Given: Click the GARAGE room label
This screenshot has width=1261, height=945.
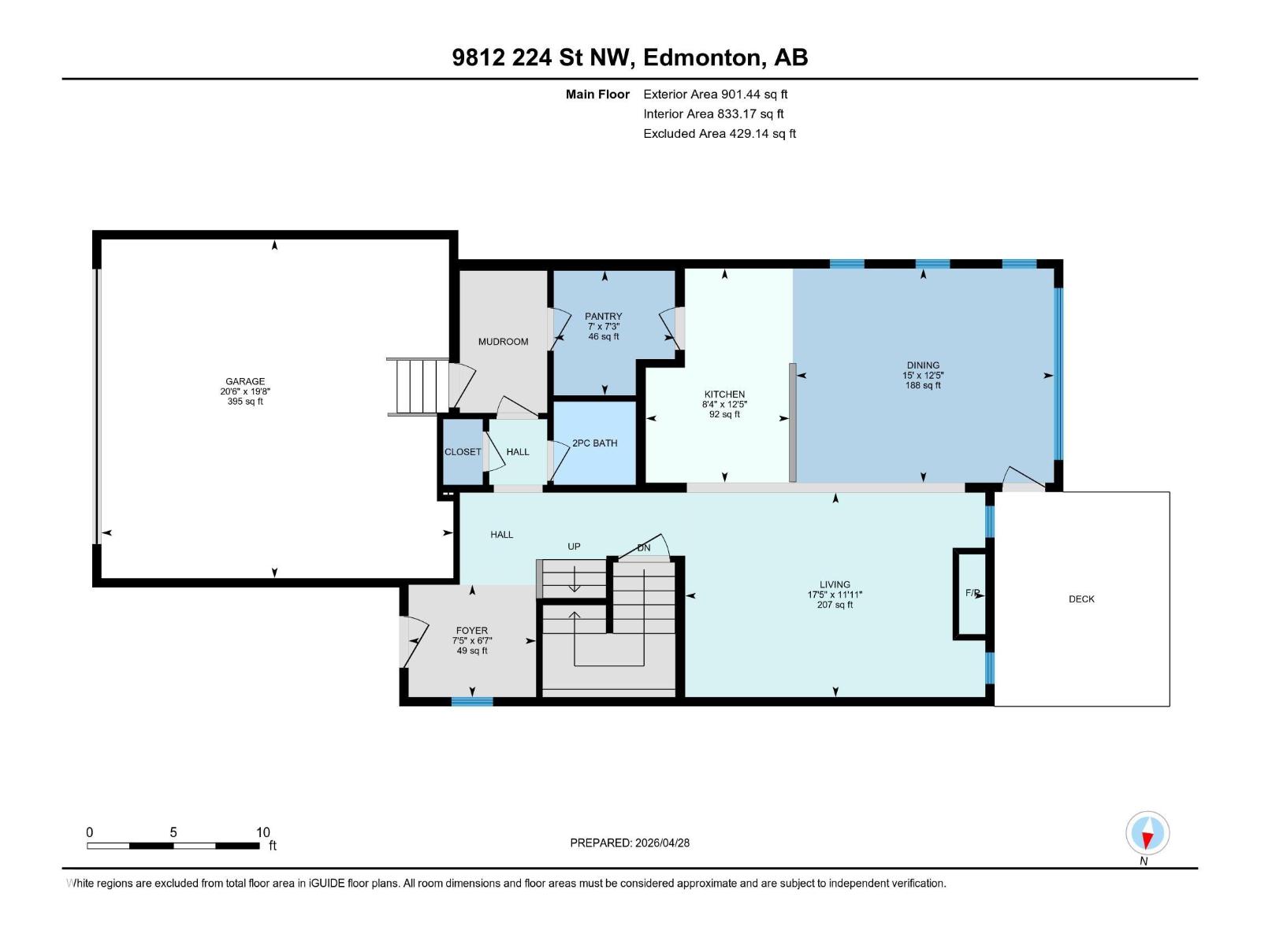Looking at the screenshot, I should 244,381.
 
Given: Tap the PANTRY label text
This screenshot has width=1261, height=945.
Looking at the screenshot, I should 603,316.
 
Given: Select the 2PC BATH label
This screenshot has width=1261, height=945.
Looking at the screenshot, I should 594,443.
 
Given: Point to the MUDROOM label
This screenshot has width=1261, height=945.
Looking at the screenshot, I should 503,342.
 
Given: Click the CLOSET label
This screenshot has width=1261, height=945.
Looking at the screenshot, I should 462,452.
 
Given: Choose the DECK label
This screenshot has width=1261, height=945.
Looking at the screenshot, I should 1081,599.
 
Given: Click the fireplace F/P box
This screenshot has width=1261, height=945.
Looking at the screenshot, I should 971,593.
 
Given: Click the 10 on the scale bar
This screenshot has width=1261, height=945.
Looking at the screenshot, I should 262,832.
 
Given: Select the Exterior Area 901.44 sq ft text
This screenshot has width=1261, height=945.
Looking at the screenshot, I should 715,94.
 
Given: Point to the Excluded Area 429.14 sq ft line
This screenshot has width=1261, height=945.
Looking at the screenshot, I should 719,134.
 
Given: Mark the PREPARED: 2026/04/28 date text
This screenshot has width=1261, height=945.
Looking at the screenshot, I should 630,843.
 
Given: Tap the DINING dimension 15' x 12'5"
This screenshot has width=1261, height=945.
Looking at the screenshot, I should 923,376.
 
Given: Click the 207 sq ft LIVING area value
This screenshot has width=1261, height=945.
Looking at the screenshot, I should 835,605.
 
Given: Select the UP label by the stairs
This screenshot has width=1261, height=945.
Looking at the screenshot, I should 574,547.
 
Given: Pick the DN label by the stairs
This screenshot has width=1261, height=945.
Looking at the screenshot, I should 644,548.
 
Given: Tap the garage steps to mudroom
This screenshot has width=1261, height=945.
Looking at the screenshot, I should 417,386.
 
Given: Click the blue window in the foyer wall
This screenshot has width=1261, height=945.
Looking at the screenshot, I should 472,701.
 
